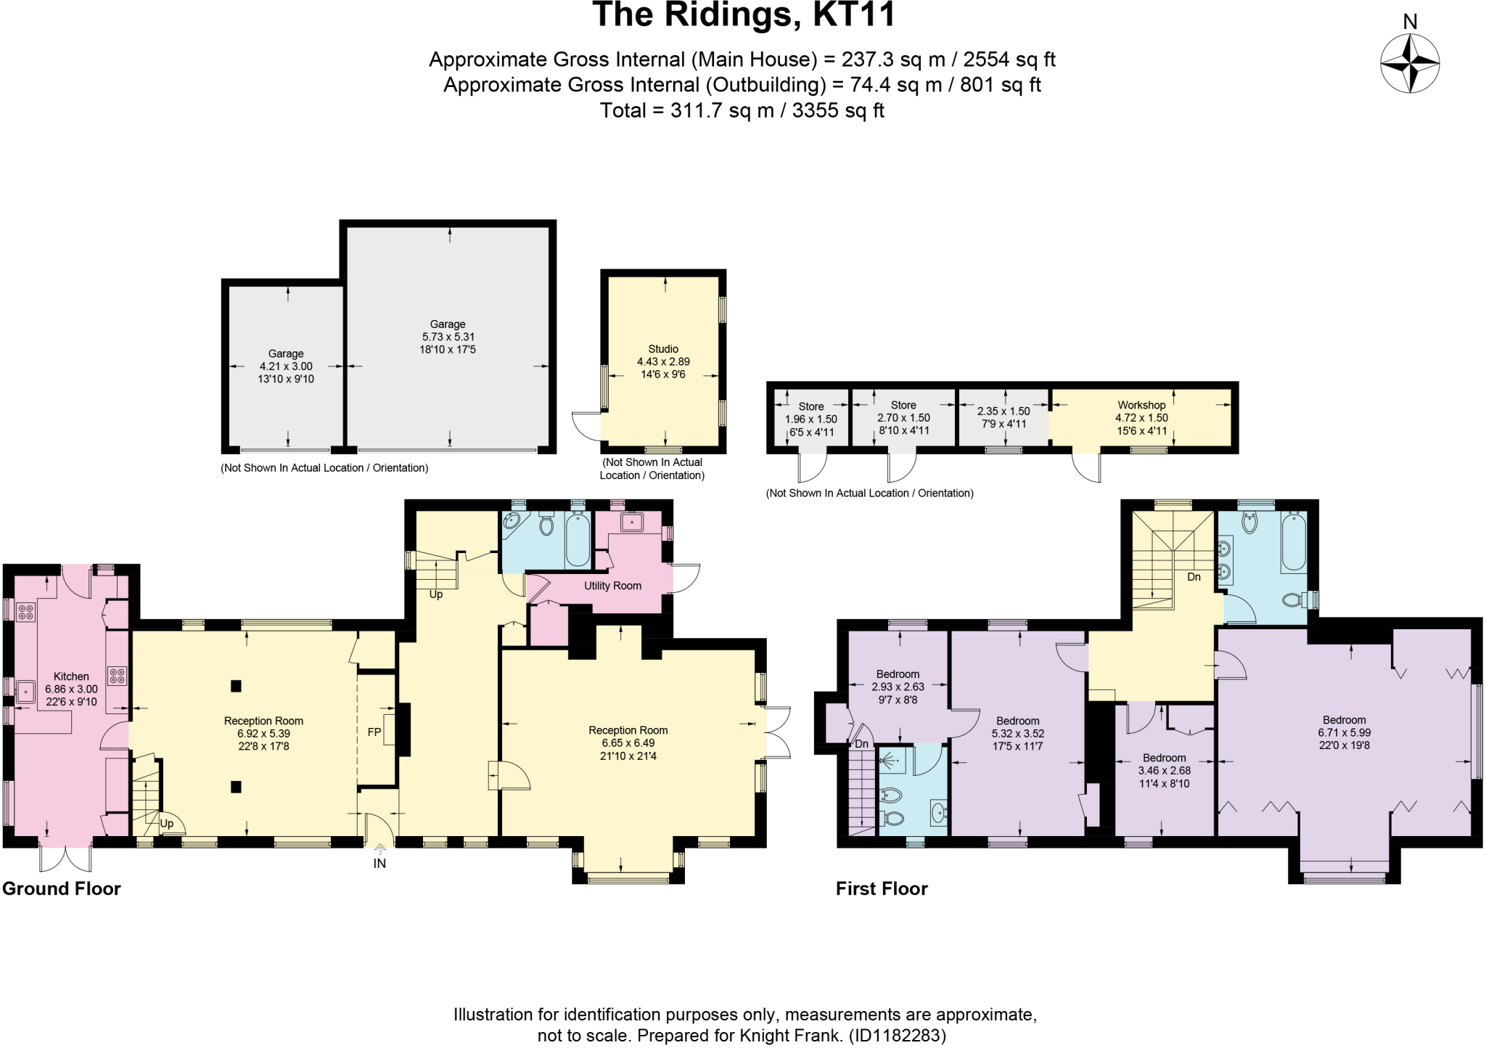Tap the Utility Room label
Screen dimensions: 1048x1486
(x=612, y=586)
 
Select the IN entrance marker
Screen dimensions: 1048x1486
(x=379, y=864)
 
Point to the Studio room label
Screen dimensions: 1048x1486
(x=663, y=349)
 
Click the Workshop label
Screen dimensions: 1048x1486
(x=1141, y=405)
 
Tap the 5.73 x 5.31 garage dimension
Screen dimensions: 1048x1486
(x=448, y=337)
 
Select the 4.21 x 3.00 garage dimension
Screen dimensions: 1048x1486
(x=286, y=367)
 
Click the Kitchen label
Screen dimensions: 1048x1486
(x=71, y=676)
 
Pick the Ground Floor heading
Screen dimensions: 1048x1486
(x=62, y=888)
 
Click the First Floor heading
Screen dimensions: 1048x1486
(x=882, y=888)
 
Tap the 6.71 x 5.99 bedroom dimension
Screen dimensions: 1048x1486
(x=1344, y=732)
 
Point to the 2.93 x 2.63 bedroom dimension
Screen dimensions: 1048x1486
(x=898, y=687)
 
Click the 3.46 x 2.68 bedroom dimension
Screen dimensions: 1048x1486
(x=1164, y=771)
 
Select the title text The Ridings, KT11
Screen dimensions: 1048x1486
(x=743, y=16)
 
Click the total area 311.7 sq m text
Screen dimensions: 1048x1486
(x=742, y=110)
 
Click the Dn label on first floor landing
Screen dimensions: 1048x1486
(x=1194, y=577)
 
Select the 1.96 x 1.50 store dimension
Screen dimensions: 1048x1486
(x=810, y=419)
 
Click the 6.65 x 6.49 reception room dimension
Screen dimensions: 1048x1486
(x=628, y=743)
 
